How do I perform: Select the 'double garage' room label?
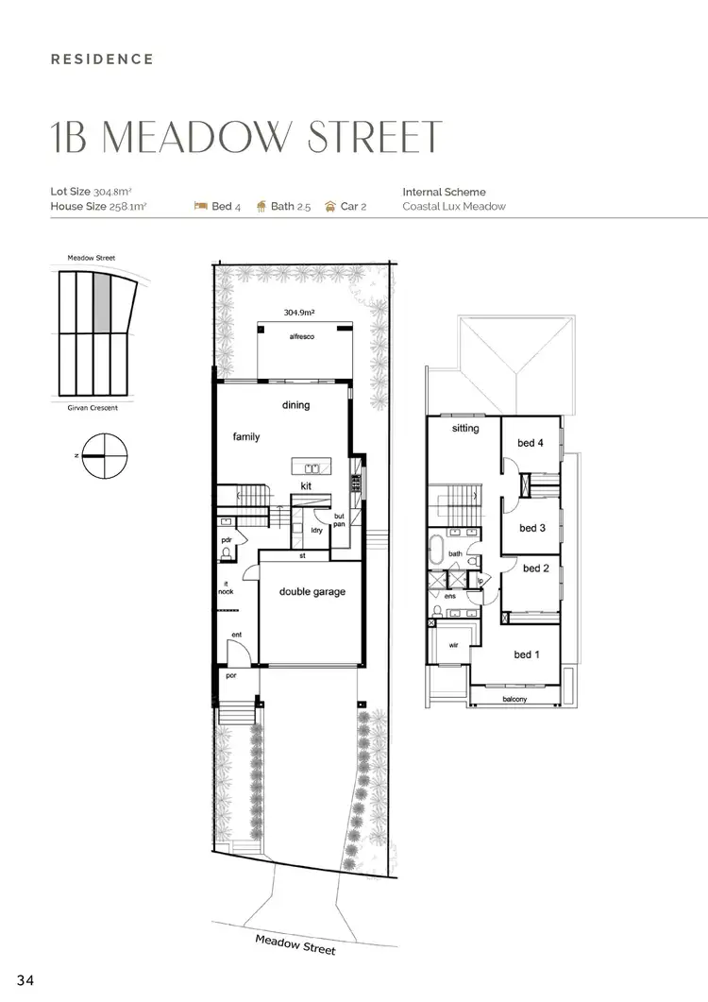tap(312, 592)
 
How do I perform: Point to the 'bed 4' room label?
tap(531, 443)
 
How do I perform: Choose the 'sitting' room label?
tap(465, 429)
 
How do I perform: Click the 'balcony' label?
tap(514, 699)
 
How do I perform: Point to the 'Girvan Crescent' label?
tap(92, 408)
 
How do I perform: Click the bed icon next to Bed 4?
tap(200, 206)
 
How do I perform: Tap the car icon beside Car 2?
tap(330, 206)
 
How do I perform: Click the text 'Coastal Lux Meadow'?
tap(454, 206)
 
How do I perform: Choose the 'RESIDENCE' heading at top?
tap(102, 59)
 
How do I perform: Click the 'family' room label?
tap(246, 437)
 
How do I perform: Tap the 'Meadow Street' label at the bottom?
tap(295, 943)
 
